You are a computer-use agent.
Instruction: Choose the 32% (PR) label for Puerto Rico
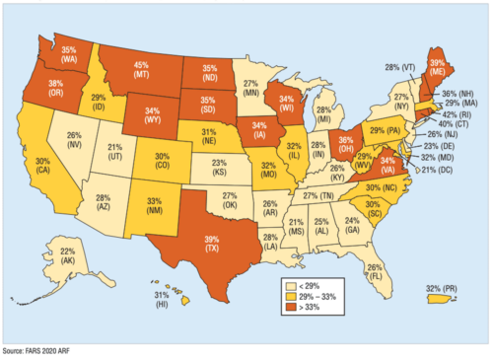(439, 289)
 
